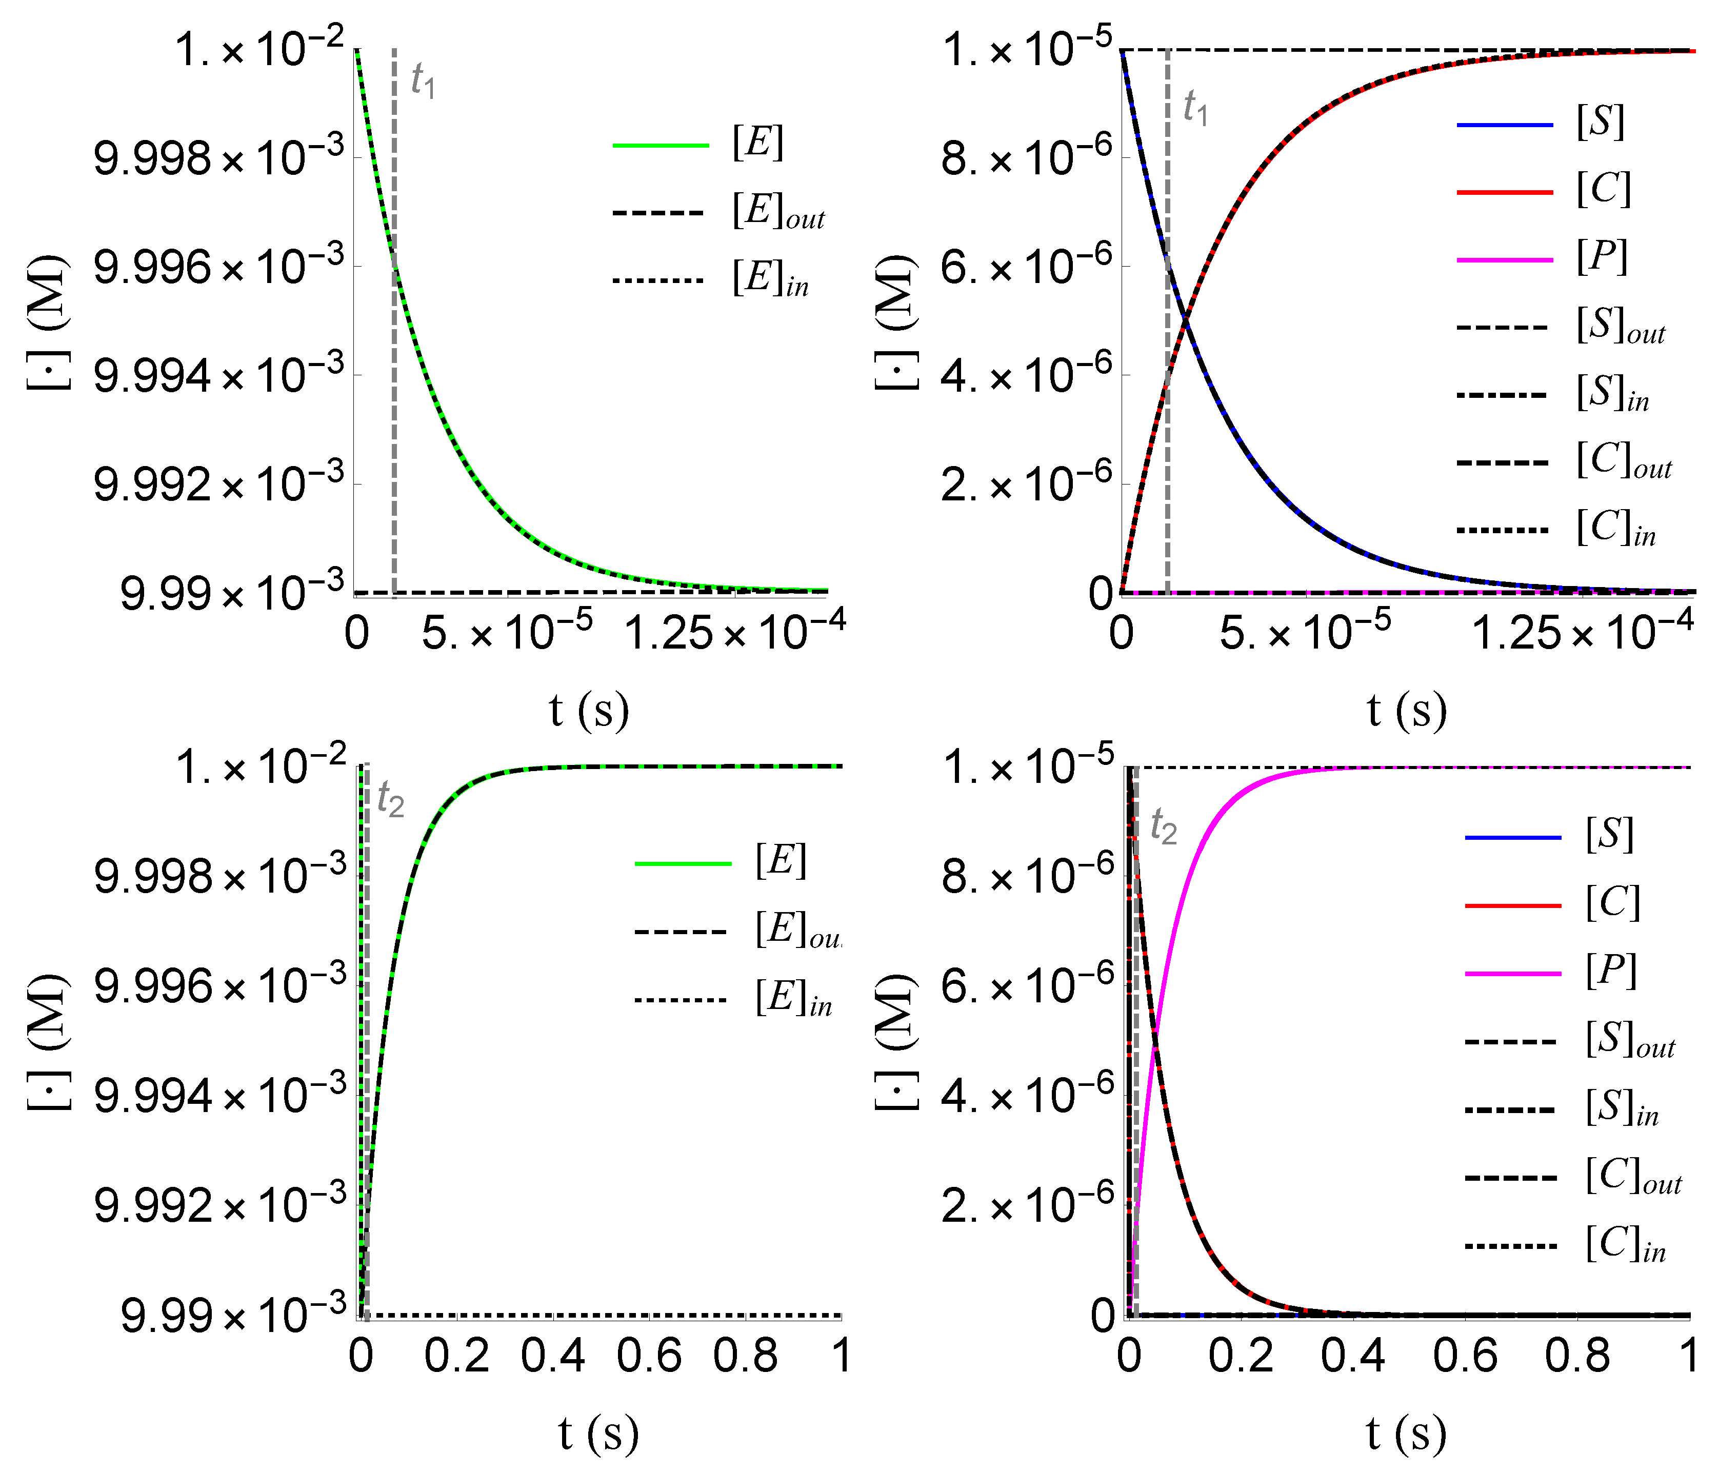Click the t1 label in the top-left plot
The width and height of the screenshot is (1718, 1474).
tap(424, 81)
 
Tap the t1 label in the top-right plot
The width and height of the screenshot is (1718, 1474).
tap(1195, 108)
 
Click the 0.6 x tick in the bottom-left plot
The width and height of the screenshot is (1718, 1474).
tap(649, 1356)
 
